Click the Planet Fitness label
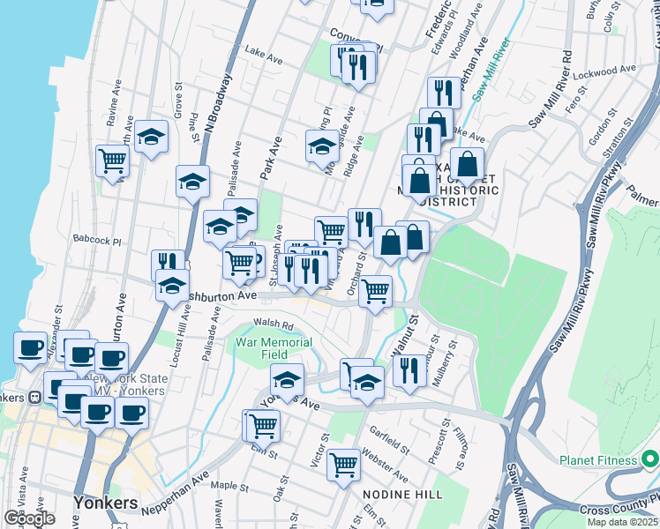coord(597,460)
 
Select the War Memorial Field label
coord(274,348)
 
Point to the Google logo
coord(29,518)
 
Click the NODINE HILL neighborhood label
coord(407,495)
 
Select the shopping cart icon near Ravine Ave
coord(113,161)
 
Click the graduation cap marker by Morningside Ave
coord(323,146)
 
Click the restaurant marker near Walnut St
coord(408,371)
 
